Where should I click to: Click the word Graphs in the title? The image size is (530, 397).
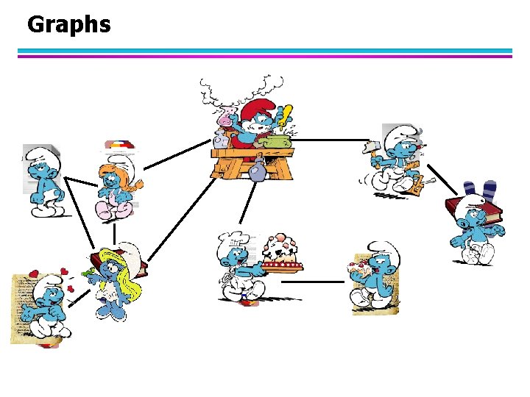[x=68, y=24]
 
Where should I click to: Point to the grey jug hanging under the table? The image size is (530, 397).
[x=257, y=171]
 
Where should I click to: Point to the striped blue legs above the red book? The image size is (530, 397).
[x=478, y=190]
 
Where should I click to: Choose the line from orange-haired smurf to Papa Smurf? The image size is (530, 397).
[x=177, y=156]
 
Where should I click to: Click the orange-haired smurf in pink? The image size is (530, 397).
[x=116, y=187]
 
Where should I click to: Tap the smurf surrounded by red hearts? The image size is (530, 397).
[x=44, y=305]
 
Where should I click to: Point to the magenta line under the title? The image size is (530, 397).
[x=265, y=56]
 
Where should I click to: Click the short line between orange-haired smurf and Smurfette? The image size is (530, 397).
[x=113, y=233]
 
